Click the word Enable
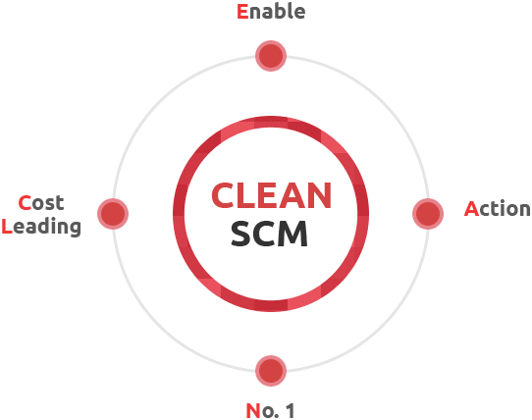tap(271, 12)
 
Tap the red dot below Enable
tap(271, 56)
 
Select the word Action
tap(498, 209)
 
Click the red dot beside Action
tap(428, 214)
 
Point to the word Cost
tap(41, 203)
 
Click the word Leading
tap(41, 227)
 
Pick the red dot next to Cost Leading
tap(113, 214)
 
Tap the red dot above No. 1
tap(271, 371)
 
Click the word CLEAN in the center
tap(271, 195)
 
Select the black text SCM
tap(269, 234)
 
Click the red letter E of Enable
tap(242, 12)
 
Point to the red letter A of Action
tap(471, 209)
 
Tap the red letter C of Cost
tap(25, 203)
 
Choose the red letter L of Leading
tap(7, 227)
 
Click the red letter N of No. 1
tap(253, 411)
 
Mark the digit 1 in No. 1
tap(291, 411)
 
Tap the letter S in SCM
tap(240, 234)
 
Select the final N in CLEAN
tap(320, 195)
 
